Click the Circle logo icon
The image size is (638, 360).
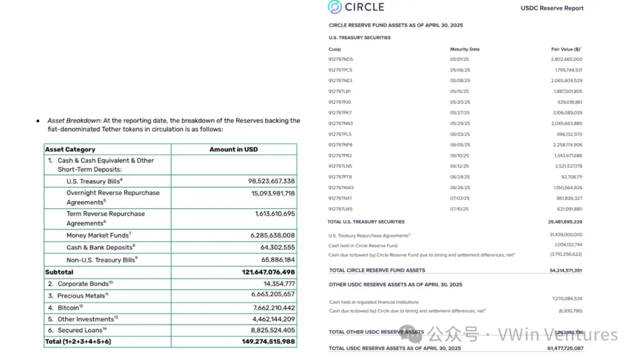coord(335,7)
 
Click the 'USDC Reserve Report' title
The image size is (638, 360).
coord(552,8)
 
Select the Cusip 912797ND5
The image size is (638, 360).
coord(340,59)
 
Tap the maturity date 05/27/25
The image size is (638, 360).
coord(459,112)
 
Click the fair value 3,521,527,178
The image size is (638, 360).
coord(565,166)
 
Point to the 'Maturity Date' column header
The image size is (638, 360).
coord(464,49)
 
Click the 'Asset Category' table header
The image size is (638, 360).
coord(70,150)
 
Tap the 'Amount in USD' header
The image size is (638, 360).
coord(233,150)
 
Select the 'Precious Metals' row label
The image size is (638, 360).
coord(82,296)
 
